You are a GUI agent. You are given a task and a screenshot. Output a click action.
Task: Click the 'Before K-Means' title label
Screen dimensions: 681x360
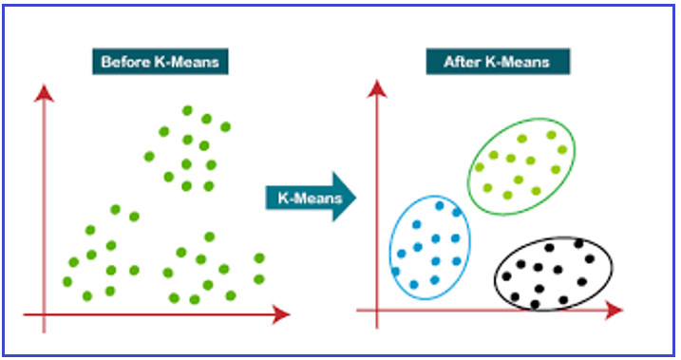(x=161, y=62)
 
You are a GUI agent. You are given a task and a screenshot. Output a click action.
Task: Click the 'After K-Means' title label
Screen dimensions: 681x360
(x=498, y=62)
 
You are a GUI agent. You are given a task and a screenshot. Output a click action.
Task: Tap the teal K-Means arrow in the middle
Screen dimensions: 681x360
(x=311, y=198)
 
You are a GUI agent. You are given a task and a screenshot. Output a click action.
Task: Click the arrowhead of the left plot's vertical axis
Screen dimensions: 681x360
(x=44, y=93)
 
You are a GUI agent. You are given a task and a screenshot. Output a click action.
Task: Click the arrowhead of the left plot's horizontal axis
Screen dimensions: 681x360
(x=280, y=314)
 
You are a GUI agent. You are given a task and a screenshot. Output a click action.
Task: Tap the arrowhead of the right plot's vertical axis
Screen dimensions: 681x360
(x=376, y=89)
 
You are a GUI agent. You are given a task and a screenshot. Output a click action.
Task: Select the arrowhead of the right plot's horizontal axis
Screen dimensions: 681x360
(x=614, y=310)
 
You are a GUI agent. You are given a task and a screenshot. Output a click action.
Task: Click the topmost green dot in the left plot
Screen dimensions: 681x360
(x=187, y=111)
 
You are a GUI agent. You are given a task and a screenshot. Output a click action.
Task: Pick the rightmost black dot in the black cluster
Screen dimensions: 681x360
(x=590, y=259)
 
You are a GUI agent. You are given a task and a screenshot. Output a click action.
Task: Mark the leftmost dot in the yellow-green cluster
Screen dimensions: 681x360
(x=480, y=167)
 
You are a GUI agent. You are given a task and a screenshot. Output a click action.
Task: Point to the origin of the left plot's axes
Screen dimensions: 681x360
(x=44, y=314)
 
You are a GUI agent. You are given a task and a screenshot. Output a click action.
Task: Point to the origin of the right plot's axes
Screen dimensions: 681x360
(x=376, y=310)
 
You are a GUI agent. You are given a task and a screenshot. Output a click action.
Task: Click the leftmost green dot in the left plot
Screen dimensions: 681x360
(x=67, y=282)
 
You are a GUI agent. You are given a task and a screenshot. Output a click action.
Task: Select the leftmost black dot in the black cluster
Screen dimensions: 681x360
(x=506, y=275)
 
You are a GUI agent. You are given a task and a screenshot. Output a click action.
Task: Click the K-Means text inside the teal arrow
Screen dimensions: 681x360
(x=310, y=198)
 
